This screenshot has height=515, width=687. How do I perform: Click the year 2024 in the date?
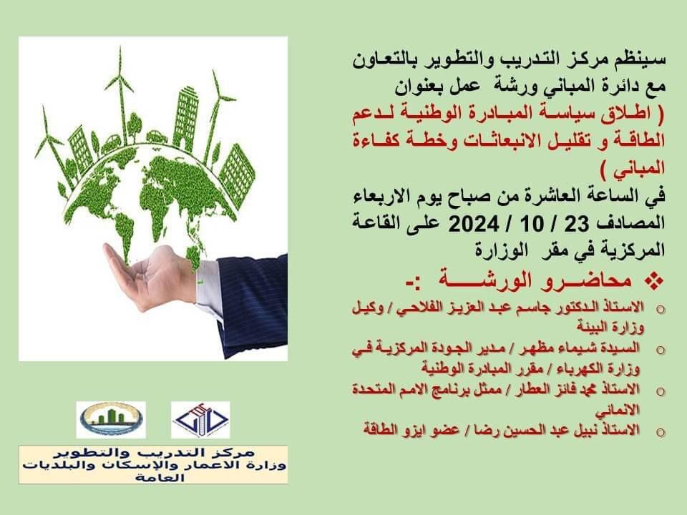[473, 224]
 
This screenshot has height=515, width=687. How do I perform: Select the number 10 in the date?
[532, 224]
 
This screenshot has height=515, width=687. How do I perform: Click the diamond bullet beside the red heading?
[654, 280]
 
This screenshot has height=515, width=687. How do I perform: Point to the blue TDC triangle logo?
[200, 420]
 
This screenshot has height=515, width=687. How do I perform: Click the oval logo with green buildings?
[112, 420]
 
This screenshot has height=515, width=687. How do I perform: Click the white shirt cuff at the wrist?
[210, 287]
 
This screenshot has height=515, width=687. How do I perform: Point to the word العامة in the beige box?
[160, 477]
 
